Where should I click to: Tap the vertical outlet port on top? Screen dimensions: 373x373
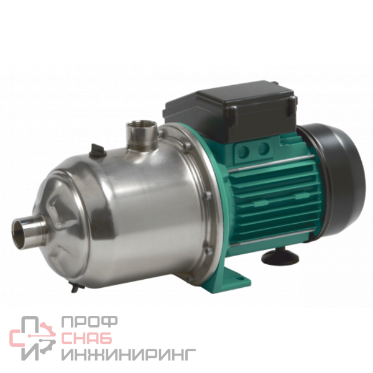tap(142, 135)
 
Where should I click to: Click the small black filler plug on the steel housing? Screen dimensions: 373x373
tap(97, 150)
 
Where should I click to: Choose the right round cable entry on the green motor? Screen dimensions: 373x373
tap(264, 149)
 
